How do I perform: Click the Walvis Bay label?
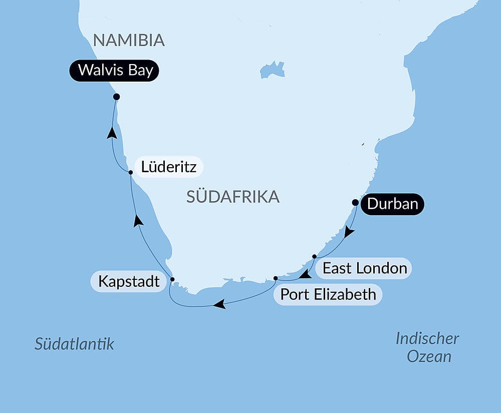tap(115, 71)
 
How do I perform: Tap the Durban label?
tap(392, 204)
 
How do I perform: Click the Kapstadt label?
tap(129, 281)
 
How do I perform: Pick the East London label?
tap(364, 268)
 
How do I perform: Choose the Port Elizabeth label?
tap(328, 294)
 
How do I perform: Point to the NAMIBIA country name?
tap(129, 40)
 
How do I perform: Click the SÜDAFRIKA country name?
tap(232, 197)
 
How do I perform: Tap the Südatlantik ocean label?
tap(74, 344)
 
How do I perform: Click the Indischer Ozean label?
tap(427, 347)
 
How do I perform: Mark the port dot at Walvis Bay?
tap(116, 97)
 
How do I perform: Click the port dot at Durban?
tap(355, 203)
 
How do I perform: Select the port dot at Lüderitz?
tap(130, 172)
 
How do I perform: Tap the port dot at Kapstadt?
tap(172, 279)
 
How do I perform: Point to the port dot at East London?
tap(314, 256)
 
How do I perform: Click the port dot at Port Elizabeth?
tap(276, 278)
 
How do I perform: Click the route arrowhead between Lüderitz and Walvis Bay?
tap(112, 133)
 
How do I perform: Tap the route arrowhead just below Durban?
tap(349, 232)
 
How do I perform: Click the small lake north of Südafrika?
tap(272, 70)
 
